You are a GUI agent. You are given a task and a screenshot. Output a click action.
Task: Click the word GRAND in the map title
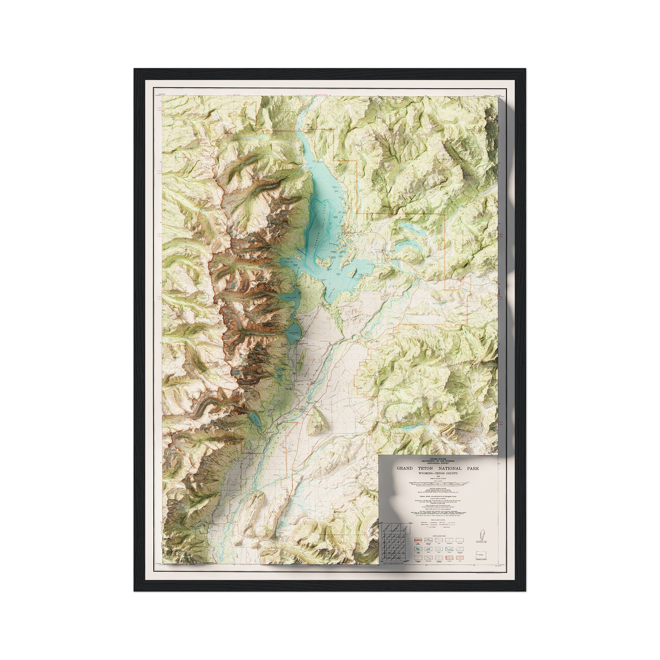point(405,468)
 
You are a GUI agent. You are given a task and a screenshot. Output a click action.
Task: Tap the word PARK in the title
point(473,468)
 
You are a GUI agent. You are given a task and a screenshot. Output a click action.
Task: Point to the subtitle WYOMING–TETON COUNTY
point(438,473)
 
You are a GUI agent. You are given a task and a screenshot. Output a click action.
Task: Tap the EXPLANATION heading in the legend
point(439,536)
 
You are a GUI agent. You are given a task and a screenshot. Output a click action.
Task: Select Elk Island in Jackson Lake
point(323,263)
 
